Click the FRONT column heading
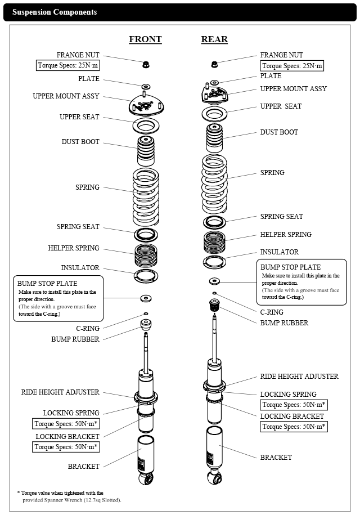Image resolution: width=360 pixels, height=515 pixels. point(145,39)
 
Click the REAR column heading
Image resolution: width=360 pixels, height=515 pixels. point(214,39)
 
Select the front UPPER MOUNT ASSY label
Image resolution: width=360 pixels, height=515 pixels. point(66,96)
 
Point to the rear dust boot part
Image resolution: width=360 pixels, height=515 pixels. point(214,136)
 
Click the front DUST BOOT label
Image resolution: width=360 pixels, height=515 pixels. point(80,142)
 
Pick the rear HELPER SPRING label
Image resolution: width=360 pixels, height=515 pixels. point(286,235)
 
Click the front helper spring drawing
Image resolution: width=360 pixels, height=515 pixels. point(146,256)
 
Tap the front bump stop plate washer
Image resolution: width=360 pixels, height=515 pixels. point(146,298)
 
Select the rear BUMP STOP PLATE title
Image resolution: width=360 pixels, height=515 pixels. point(290,267)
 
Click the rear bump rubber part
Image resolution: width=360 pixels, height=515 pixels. point(214,306)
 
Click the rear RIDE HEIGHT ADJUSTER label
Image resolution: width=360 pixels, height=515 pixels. point(299,377)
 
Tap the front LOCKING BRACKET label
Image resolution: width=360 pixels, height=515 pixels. point(67,436)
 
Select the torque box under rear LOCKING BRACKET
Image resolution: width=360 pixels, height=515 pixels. point(294,427)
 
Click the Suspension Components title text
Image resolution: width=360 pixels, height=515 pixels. point(55,12)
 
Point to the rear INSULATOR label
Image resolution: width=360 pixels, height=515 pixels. point(280,252)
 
